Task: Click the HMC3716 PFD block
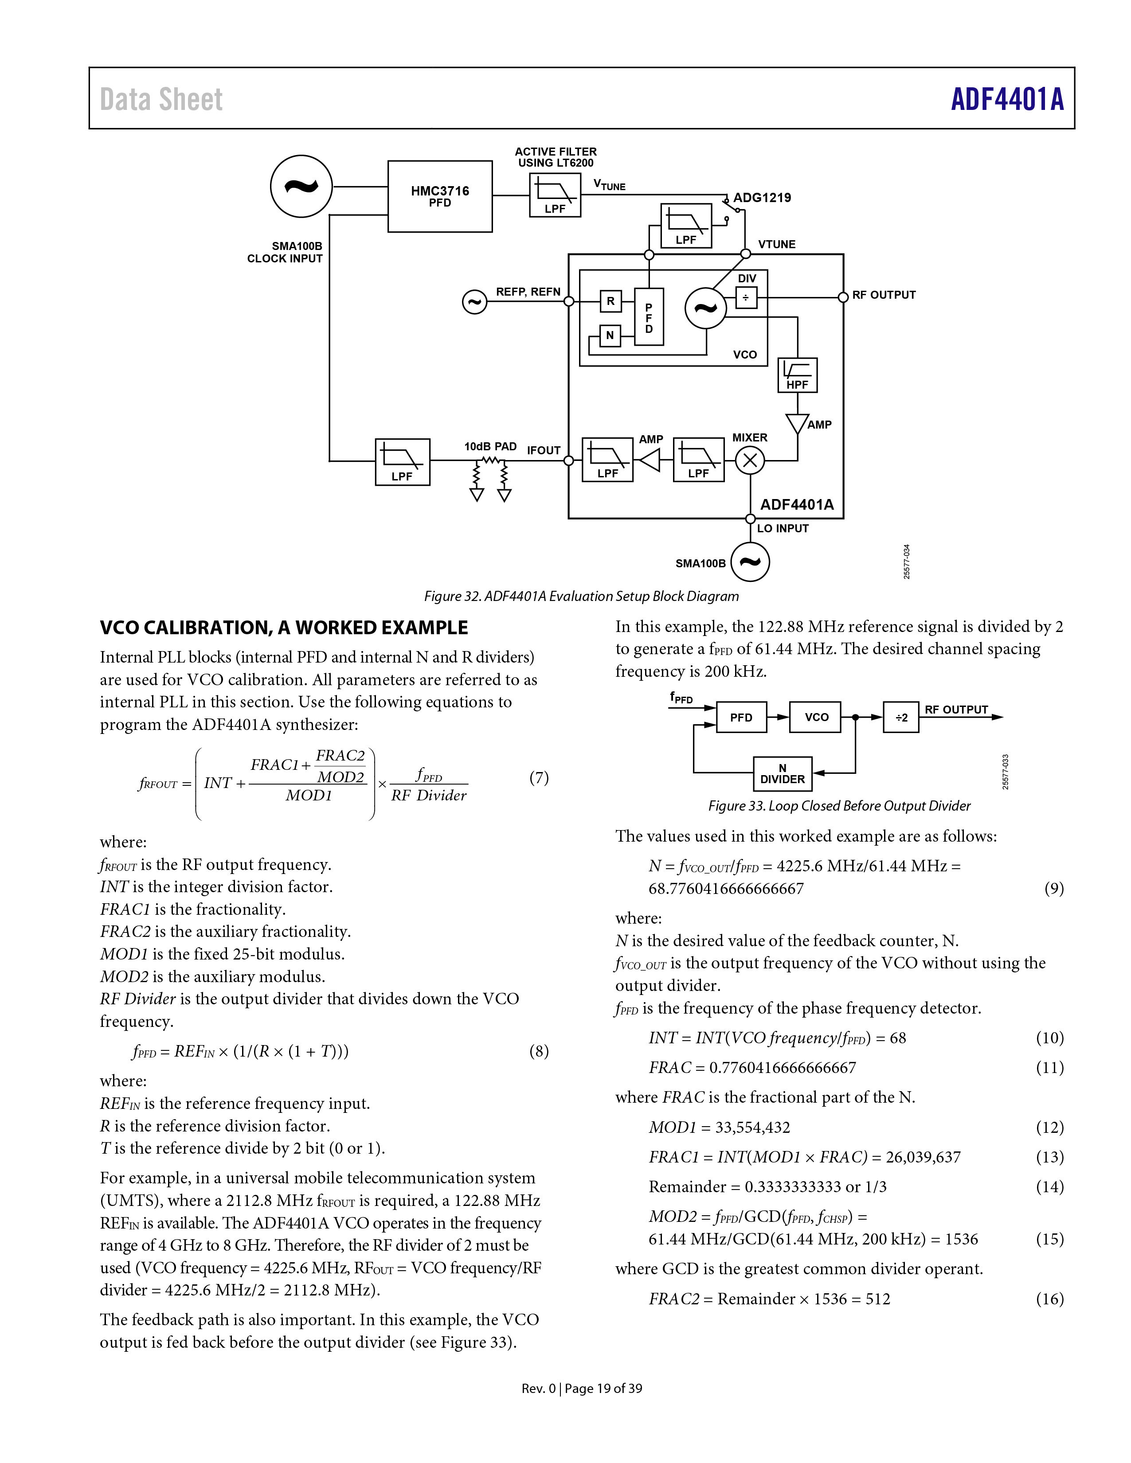point(439,196)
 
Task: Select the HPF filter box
point(797,375)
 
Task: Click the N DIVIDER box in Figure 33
point(783,774)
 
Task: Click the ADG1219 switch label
point(762,198)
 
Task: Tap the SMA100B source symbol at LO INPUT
point(750,562)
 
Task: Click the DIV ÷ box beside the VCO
point(746,297)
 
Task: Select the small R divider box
point(611,301)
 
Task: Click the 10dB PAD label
point(490,446)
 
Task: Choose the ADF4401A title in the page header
point(1007,99)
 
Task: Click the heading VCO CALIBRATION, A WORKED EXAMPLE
point(284,628)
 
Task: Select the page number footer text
point(582,1388)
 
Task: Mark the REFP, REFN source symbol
point(474,302)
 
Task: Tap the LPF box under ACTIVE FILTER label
point(555,195)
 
